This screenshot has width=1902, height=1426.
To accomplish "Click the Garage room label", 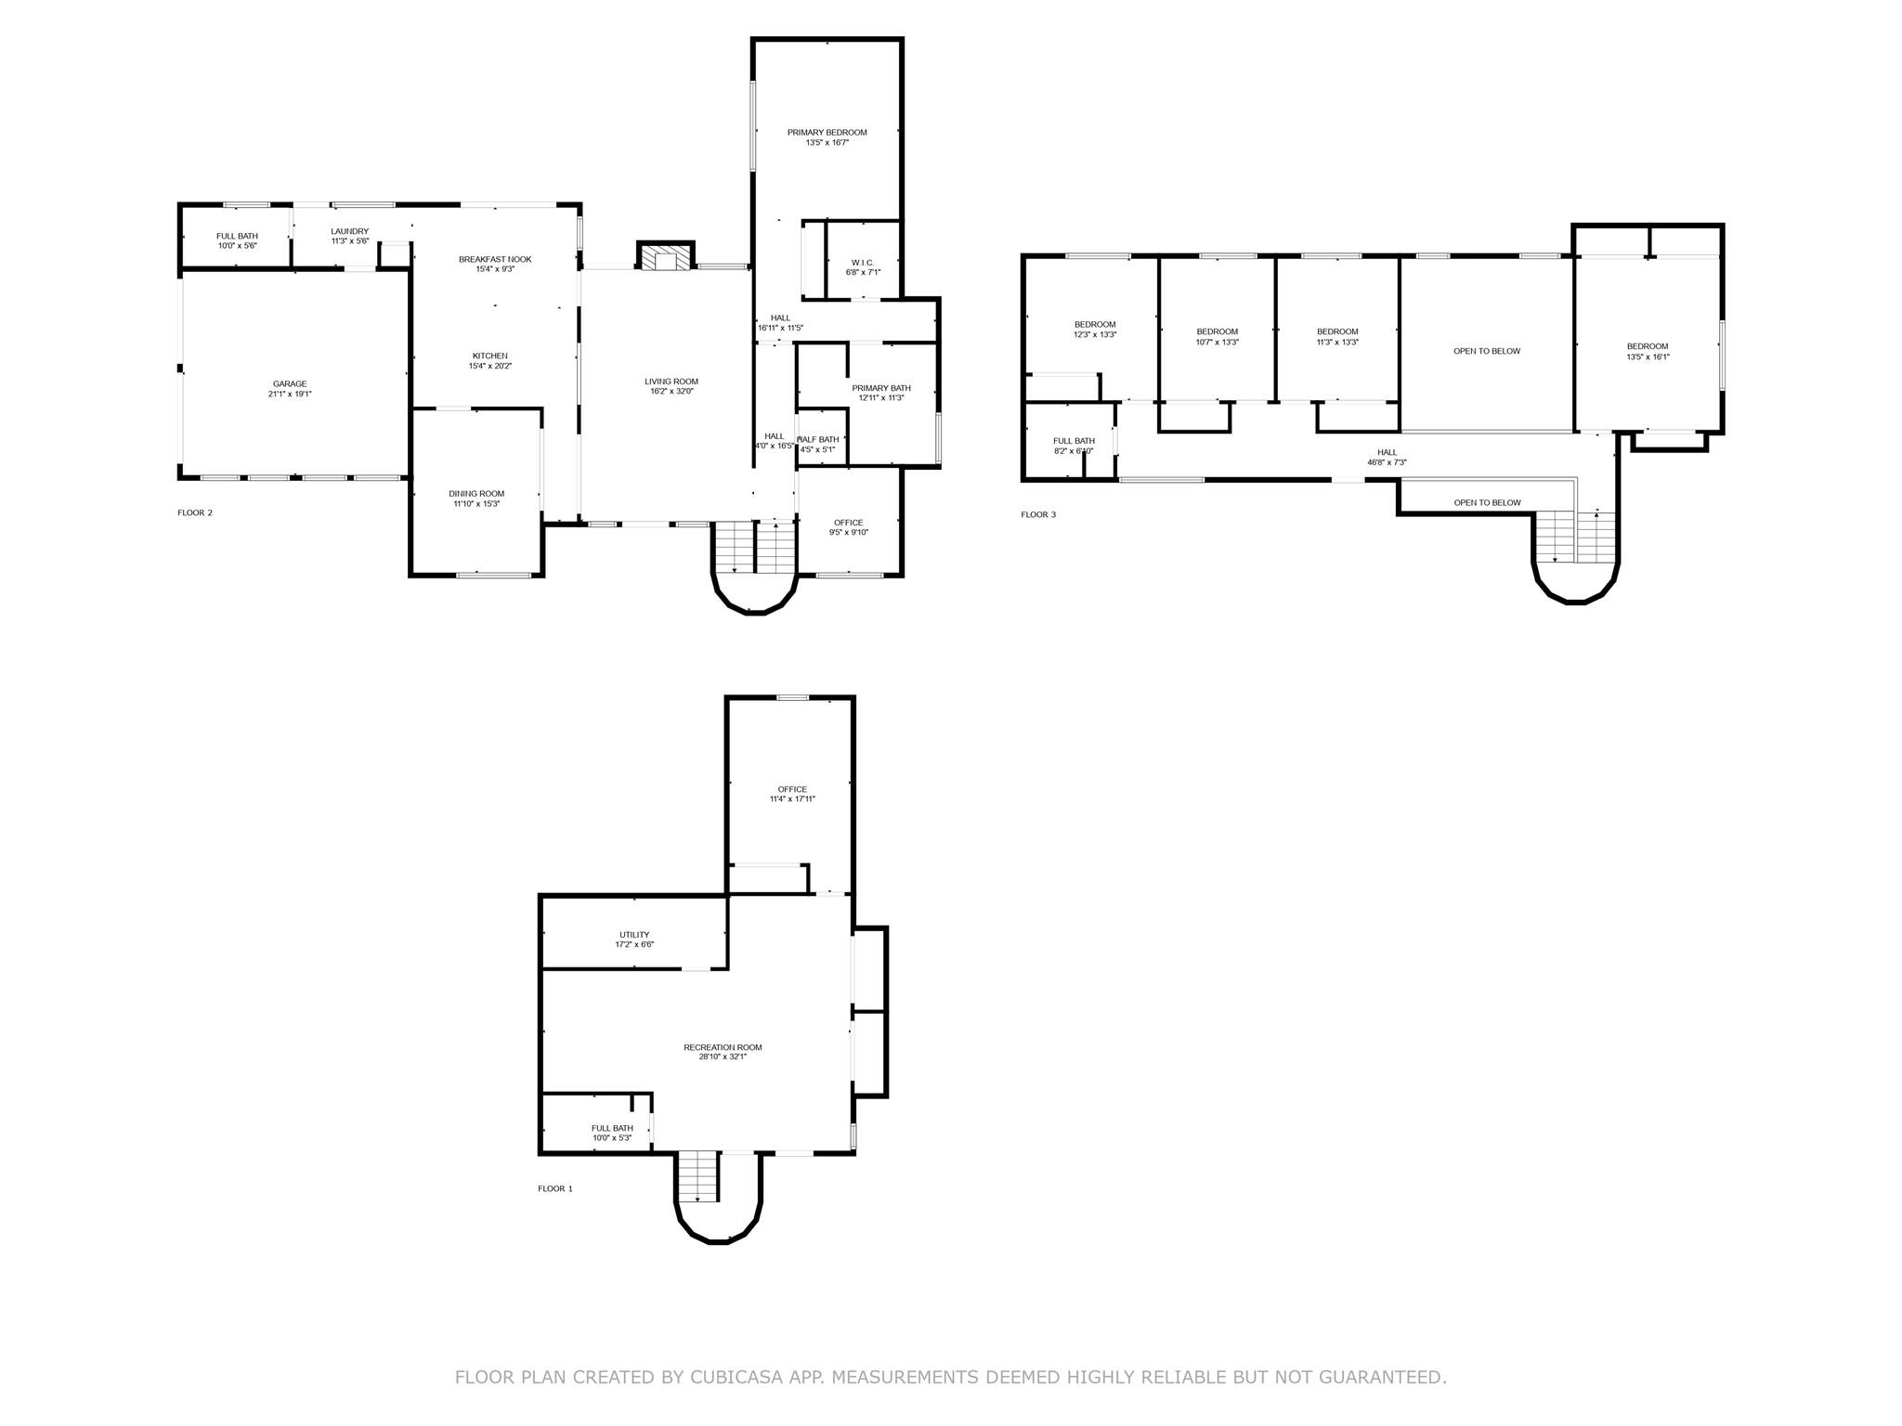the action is coord(290,384).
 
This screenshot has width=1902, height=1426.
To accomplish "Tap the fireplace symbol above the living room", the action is coord(666,257).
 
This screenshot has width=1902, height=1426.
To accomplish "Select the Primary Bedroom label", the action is coord(827,133).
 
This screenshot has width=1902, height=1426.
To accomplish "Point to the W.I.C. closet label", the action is coord(863,263).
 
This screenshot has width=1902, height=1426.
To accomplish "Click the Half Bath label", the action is coord(818,439).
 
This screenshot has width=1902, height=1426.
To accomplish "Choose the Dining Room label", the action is coord(476,494).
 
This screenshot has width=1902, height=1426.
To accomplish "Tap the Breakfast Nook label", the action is coord(495,259).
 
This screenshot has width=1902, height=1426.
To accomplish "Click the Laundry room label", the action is coord(350,231).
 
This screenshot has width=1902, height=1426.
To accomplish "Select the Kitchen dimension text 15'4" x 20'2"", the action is coord(490,366).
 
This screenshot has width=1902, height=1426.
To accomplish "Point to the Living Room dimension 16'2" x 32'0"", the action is coord(671,391).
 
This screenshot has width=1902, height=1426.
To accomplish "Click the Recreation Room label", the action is coord(723,1047).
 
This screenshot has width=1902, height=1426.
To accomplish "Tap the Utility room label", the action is coord(634,935).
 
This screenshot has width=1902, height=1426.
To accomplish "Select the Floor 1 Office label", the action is coord(792,789).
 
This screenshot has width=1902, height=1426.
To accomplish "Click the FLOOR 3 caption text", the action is coord(1038,514).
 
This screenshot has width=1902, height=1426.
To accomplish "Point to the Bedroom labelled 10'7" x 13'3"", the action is coord(1217,331).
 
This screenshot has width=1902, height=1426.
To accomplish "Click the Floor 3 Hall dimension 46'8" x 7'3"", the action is coord(1387,462).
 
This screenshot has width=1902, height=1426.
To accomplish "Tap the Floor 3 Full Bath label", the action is coord(1074,441).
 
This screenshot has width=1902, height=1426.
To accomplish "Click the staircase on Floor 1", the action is coord(698,1175).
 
